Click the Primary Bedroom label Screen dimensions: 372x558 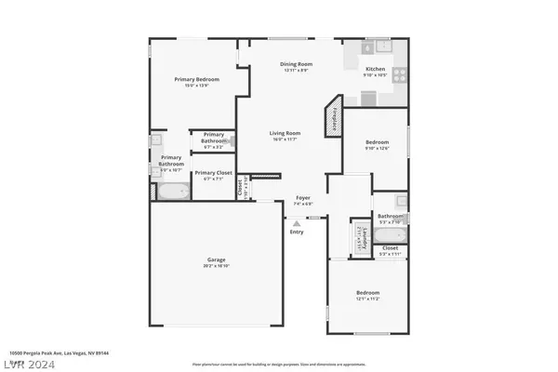[x=195, y=79]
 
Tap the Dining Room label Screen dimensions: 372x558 [x=296, y=64]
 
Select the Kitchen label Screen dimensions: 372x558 [x=375, y=70]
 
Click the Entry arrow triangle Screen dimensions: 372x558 [x=297, y=222]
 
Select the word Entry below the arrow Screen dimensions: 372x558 [x=297, y=232]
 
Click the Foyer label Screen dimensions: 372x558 [x=303, y=197]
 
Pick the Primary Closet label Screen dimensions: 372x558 [x=213, y=173]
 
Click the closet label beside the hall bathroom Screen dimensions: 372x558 [x=390, y=248]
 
